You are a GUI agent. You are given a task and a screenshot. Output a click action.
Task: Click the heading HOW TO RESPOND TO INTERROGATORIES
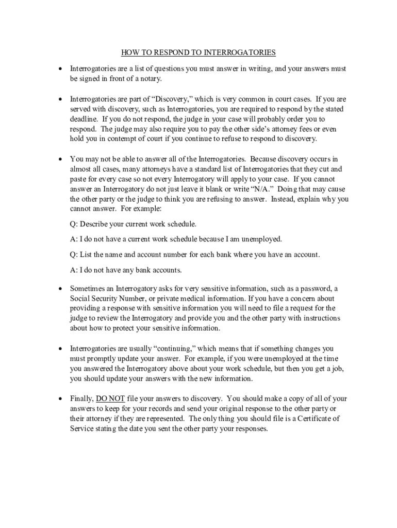coord(198,53)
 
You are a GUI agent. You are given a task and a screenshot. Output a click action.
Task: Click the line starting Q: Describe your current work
coord(133,225)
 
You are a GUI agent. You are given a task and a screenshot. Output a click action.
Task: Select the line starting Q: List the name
coord(195,255)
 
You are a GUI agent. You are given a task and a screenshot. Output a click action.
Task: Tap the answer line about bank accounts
coord(126,270)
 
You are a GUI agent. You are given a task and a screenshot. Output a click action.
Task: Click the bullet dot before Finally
coord(60,399)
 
